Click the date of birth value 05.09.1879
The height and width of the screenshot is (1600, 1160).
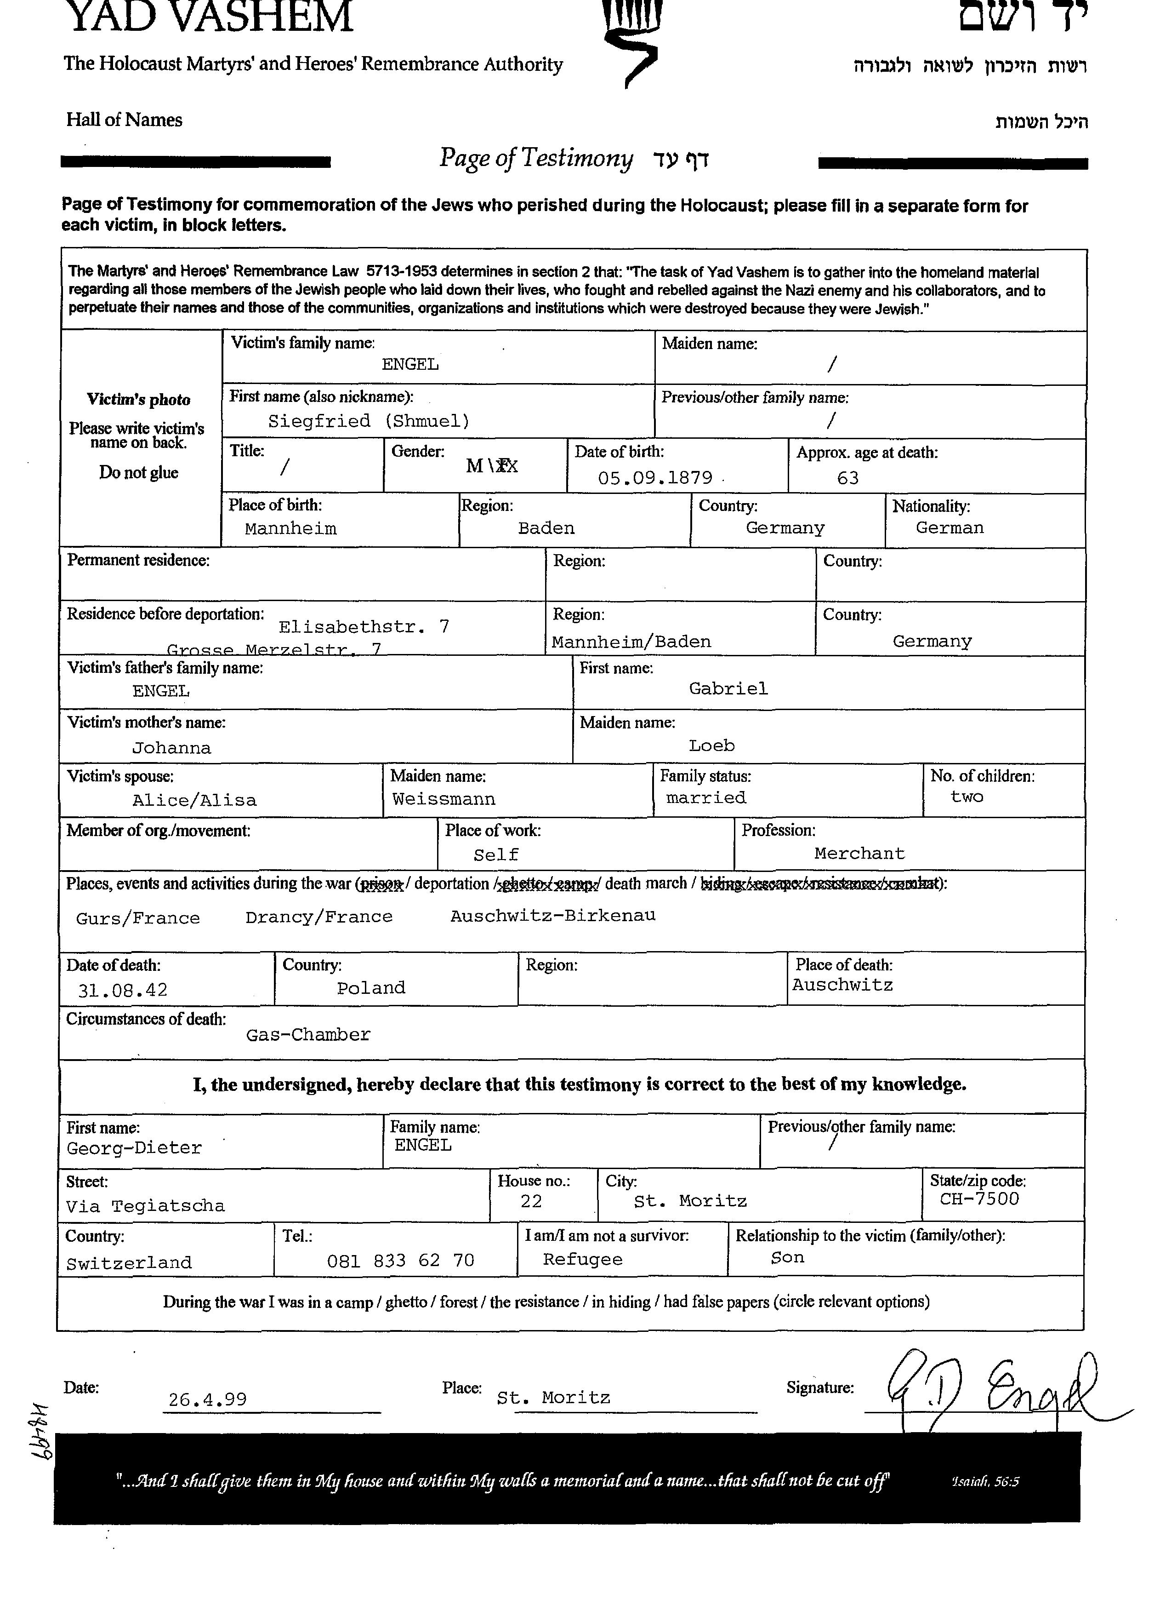coord(655,477)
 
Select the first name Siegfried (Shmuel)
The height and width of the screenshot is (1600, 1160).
coord(368,421)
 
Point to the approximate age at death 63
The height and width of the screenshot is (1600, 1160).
coord(847,478)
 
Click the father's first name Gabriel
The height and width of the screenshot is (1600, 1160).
coord(728,688)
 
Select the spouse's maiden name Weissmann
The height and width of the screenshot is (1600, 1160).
coord(444,799)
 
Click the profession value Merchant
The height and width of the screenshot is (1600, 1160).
coord(859,854)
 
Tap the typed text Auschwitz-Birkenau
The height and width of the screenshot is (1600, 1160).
coord(553,916)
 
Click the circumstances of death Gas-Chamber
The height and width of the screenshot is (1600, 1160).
coord(308,1035)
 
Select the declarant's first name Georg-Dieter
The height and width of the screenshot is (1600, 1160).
coord(134,1148)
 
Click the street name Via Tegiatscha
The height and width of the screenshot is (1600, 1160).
coord(145,1206)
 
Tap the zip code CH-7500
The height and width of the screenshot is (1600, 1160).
coord(979,1199)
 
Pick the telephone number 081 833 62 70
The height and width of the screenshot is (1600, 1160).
coord(401,1260)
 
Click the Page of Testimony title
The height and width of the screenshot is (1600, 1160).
coord(536,158)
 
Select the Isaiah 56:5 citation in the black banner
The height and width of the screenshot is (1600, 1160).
coord(984,1481)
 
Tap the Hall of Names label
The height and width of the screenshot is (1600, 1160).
coord(124,120)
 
